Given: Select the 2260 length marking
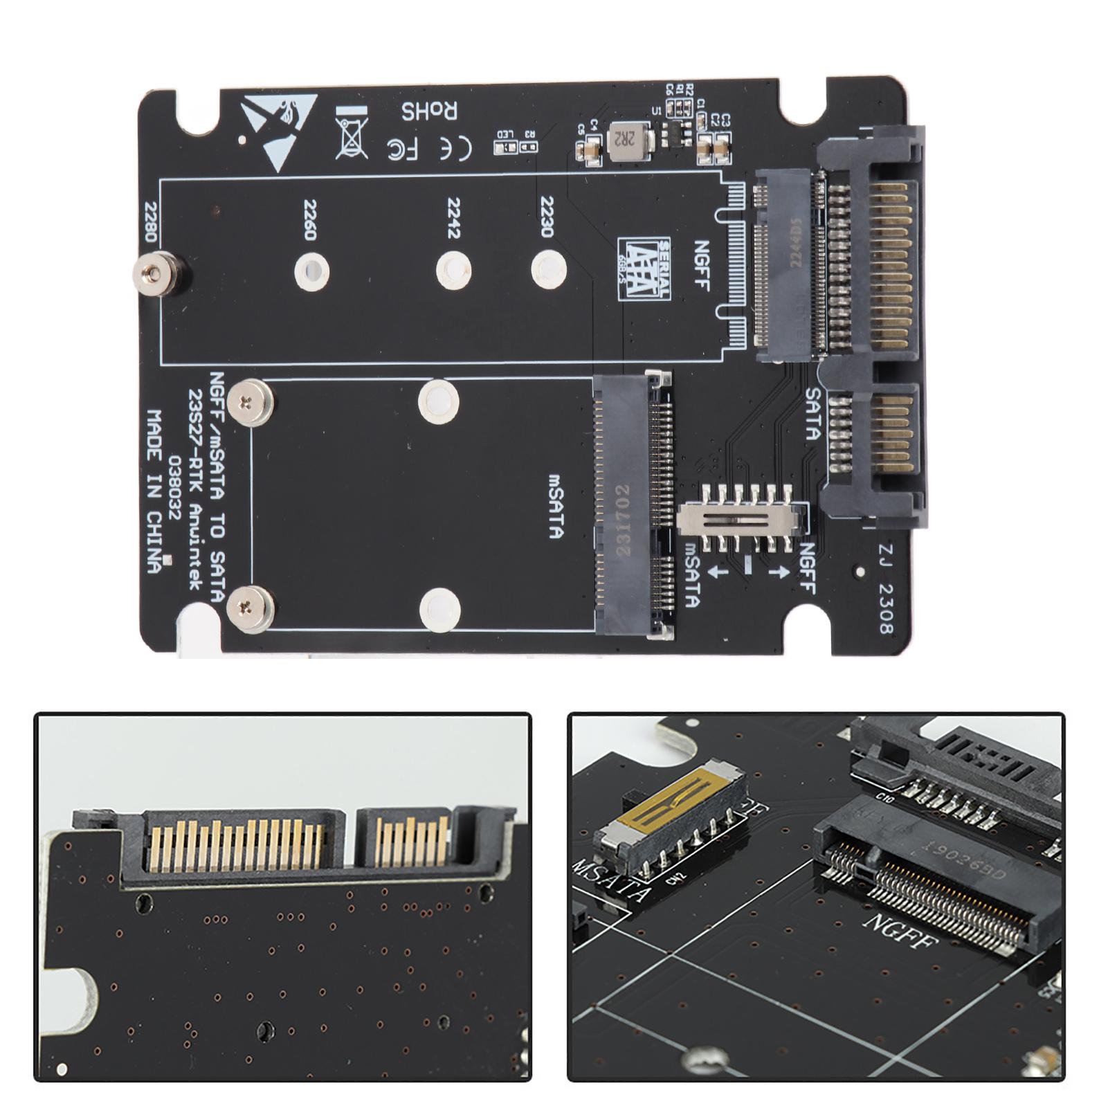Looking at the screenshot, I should pos(309,220).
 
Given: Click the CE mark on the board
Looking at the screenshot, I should pos(457,147).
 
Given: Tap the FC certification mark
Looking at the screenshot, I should pos(404,147).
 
